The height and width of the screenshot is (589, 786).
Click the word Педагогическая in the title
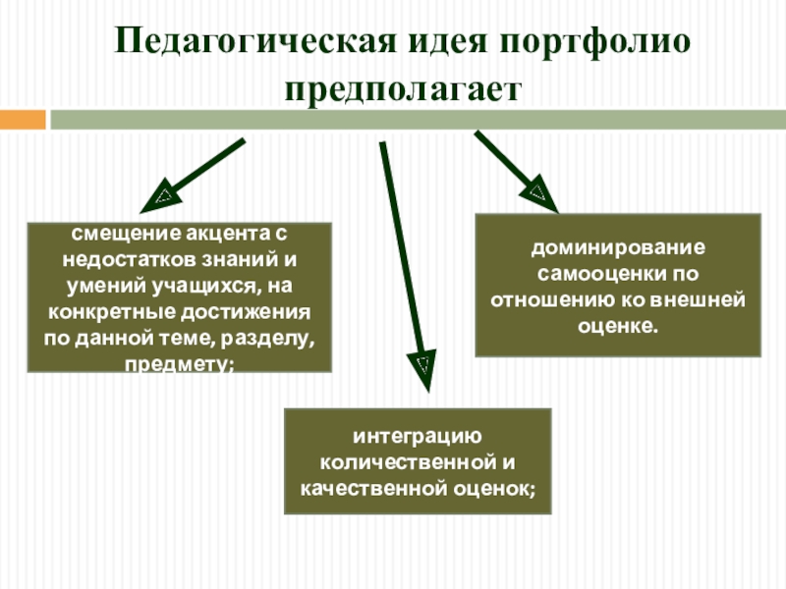tap(253, 42)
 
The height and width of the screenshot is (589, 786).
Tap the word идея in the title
tap(443, 42)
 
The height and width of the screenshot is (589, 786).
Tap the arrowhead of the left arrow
tap(160, 200)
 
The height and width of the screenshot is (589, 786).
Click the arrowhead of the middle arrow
tap(422, 366)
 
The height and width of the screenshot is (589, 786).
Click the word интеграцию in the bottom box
tap(418, 436)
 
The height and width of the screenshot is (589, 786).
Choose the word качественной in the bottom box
tap(374, 487)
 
